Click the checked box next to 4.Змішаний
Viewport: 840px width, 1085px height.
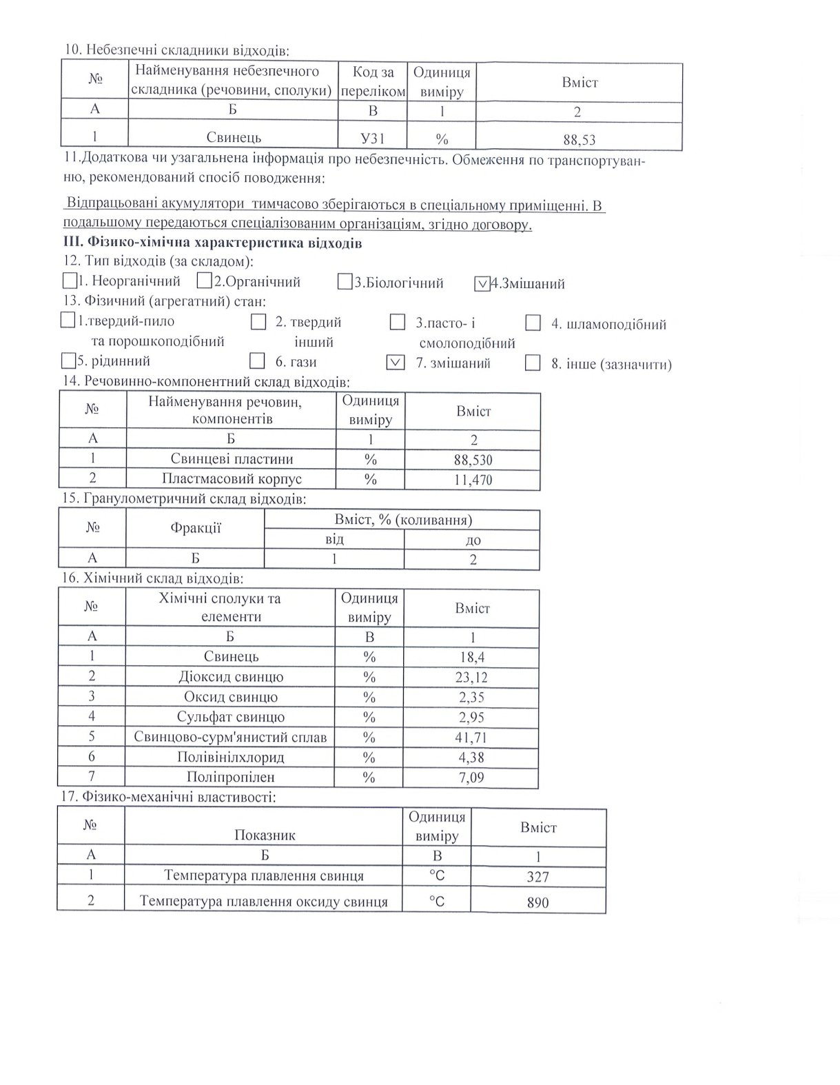click(482, 283)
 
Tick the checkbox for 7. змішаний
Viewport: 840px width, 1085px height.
click(396, 363)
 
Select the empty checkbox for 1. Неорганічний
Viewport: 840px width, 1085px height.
click(70, 281)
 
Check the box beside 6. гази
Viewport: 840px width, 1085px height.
click(258, 361)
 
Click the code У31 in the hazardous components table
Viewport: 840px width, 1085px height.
click(372, 139)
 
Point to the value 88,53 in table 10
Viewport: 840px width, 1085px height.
click(579, 140)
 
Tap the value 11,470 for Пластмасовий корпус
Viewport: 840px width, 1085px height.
click(473, 479)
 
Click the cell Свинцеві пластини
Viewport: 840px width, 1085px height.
click(232, 459)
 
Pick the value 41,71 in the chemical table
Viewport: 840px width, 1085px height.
click(471, 738)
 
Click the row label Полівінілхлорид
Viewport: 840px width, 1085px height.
click(231, 758)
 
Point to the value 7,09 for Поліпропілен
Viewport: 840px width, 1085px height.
click(471, 778)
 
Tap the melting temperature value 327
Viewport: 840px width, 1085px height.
click(537, 877)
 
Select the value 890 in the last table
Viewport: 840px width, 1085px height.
click(537, 902)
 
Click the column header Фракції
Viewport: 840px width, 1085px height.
click(196, 529)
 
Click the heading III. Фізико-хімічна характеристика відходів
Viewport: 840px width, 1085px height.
click(212, 243)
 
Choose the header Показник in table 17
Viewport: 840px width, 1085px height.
click(265, 835)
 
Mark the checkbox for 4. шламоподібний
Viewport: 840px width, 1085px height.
click(533, 323)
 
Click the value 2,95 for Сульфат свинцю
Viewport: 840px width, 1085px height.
click(471, 718)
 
